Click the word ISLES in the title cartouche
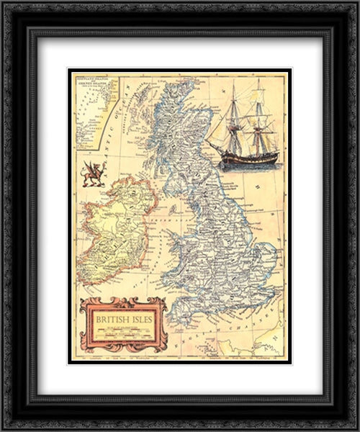(x=141, y=315)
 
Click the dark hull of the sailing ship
(x=246, y=156)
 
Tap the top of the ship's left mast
(x=233, y=84)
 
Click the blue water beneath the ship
(x=248, y=167)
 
